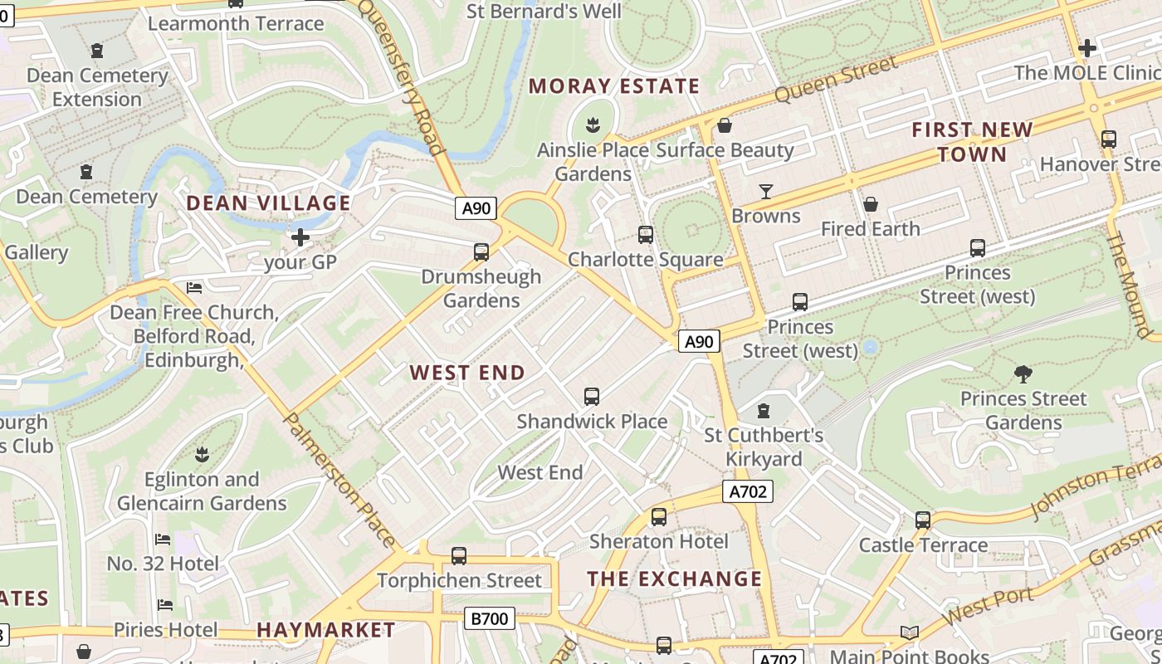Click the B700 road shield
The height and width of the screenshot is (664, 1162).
point(490,618)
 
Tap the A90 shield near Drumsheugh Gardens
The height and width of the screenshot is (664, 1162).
point(476,207)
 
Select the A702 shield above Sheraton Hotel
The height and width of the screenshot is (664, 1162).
point(748,492)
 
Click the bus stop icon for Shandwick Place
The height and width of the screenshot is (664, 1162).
point(592,397)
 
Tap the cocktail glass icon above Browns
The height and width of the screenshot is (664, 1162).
point(766,192)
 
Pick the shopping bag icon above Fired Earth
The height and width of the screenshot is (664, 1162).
point(871,204)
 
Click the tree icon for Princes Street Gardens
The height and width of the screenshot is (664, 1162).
point(1023,374)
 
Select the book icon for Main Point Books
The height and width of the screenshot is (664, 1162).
point(910,633)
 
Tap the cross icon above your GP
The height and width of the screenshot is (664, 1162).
point(300,238)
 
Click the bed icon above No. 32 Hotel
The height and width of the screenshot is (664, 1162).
point(163,539)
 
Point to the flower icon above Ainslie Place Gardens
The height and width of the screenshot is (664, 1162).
point(593,126)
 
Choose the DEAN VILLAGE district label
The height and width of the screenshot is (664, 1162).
point(268,203)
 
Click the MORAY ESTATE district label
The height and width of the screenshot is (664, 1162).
point(614,86)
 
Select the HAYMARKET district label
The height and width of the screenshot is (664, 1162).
point(326,630)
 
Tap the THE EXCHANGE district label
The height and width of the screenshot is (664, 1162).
point(675,579)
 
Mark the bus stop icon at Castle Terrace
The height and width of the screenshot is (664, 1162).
point(923,520)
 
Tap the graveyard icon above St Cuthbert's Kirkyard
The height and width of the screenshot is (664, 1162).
point(764,411)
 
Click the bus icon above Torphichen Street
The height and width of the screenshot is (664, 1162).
point(459,556)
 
